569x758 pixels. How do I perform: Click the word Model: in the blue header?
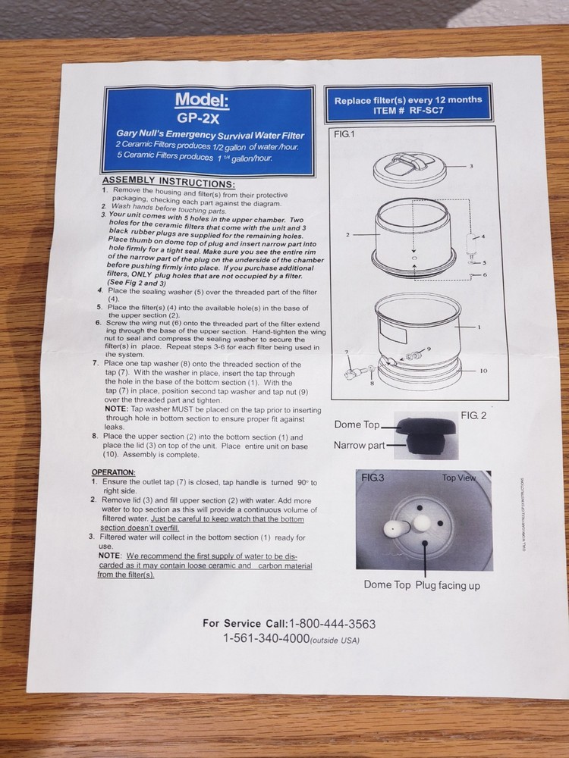point(201,100)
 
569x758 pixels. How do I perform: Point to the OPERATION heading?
point(113,472)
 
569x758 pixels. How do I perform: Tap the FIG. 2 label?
point(473,415)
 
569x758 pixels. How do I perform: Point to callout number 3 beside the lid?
point(471,165)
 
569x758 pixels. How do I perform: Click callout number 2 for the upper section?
point(347,235)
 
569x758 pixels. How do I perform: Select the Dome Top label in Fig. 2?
point(357,424)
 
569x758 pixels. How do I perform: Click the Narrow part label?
point(360,445)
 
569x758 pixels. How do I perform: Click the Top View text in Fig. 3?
point(459,478)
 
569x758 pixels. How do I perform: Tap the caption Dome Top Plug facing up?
point(421,584)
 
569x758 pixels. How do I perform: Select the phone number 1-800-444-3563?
point(332,624)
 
